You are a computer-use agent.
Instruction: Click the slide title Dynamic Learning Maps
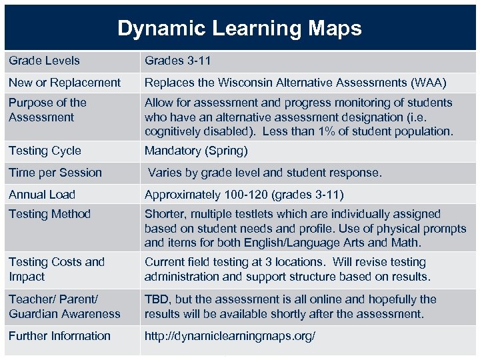[x=239, y=28]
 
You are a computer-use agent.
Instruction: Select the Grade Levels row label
[x=44, y=61]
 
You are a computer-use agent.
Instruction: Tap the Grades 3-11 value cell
[x=177, y=61]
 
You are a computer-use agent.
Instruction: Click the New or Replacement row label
[x=65, y=83]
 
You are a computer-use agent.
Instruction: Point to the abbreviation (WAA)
[x=427, y=83]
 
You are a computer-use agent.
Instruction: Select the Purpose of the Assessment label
[x=47, y=109]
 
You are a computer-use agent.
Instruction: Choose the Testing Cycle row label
[x=45, y=151]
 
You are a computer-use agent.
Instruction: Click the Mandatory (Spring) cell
[x=196, y=151]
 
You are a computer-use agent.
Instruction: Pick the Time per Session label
[x=55, y=173]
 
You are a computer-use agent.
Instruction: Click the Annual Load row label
[x=42, y=195]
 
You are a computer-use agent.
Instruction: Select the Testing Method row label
[x=49, y=214]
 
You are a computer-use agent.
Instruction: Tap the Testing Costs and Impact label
[x=57, y=269]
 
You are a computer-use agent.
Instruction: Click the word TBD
[x=157, y=299]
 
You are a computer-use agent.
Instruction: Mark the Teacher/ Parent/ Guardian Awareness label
[x=65, y=307]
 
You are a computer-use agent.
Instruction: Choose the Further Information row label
[x=59, y=336]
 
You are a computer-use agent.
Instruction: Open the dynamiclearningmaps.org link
[x=230, y=336]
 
